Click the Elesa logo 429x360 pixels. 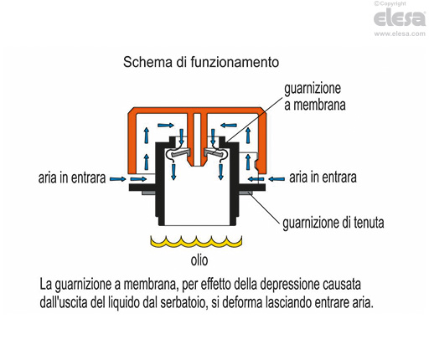pyautogui.click(x=400, y=18)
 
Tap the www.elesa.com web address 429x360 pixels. pyautogui.click(x=400, y=33)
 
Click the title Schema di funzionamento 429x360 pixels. pyautogui.click(x=201, y=62)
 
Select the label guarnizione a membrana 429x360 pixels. pyautogui.click(x=315, y=97)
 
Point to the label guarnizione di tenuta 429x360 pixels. pyautogui.click(x=333, y=223)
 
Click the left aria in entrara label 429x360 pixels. pyautogui.click(x=72, y=177)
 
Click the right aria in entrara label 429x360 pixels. pyautogui.click(x=323, y=177)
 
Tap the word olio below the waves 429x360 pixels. pyautogui.click(x=199, y=260)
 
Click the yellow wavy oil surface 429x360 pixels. pyautogui.click(x=196, y=242)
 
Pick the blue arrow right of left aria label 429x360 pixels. pyautogui.click(x=117, y=179)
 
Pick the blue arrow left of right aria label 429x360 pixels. pyautogui.click(x=277, y=179)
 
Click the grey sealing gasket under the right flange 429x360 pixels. pyautogui.click(x=246, y=193)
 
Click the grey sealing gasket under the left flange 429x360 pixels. pyautogui.click(x=148, y=193)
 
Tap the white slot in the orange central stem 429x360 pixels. pyautogui.click(x=197, y=140)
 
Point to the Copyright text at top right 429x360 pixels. pyautogui.click(x=390, y=3)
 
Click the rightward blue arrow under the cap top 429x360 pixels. pyautogui.click(x=166, y=126)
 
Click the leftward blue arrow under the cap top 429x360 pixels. pyautogui.click(x=229, y=126)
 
